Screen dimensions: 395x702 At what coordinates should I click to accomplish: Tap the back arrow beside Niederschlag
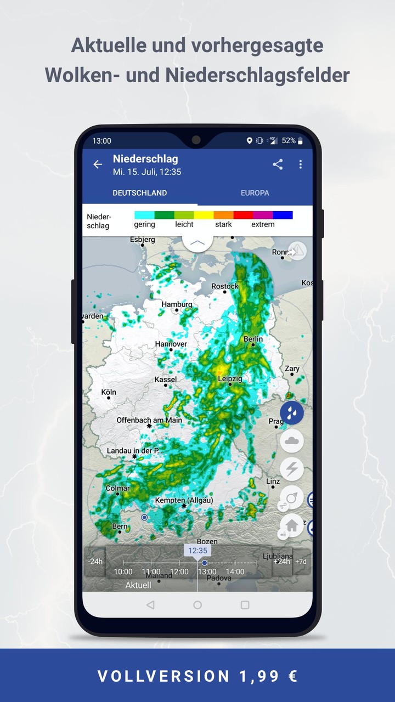click(x=98, y=165)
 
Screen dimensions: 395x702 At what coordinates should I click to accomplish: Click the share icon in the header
click(x=278, y=164)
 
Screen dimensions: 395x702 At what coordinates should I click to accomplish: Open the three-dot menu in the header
click(x=300, y=164)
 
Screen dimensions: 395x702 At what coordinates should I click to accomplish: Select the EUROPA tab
click(x=255, y=193)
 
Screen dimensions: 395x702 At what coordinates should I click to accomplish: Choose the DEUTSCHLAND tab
click(x=140, y=193)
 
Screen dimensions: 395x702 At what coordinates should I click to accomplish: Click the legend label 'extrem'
click(x=263, y=224)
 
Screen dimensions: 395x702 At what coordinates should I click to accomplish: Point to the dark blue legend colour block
click(x=283, y=215)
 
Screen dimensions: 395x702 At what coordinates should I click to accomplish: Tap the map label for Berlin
click(x=253, y=339)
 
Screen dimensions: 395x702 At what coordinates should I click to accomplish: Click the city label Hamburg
click(x=177, y=304)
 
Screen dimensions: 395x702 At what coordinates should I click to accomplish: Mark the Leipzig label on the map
click(x=230, y=378)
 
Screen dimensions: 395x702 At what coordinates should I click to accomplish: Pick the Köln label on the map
click(x=109, y=392)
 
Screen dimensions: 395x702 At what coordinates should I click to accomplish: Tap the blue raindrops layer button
click(x=292, y=412)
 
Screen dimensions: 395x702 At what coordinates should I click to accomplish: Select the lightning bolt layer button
click(x=292, y=469)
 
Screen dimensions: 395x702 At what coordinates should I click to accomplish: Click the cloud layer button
click(x=292, y=440)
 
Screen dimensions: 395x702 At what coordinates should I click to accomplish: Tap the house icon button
click(x=292, y=525)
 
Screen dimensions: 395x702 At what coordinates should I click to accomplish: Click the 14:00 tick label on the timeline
click(x=235, y=571)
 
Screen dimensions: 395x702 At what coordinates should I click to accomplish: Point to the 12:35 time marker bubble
click(x=198, y=551)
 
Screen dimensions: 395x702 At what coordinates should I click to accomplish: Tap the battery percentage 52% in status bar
click(x=289, y=141)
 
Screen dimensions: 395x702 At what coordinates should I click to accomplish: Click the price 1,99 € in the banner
click(x=268, y=676)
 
